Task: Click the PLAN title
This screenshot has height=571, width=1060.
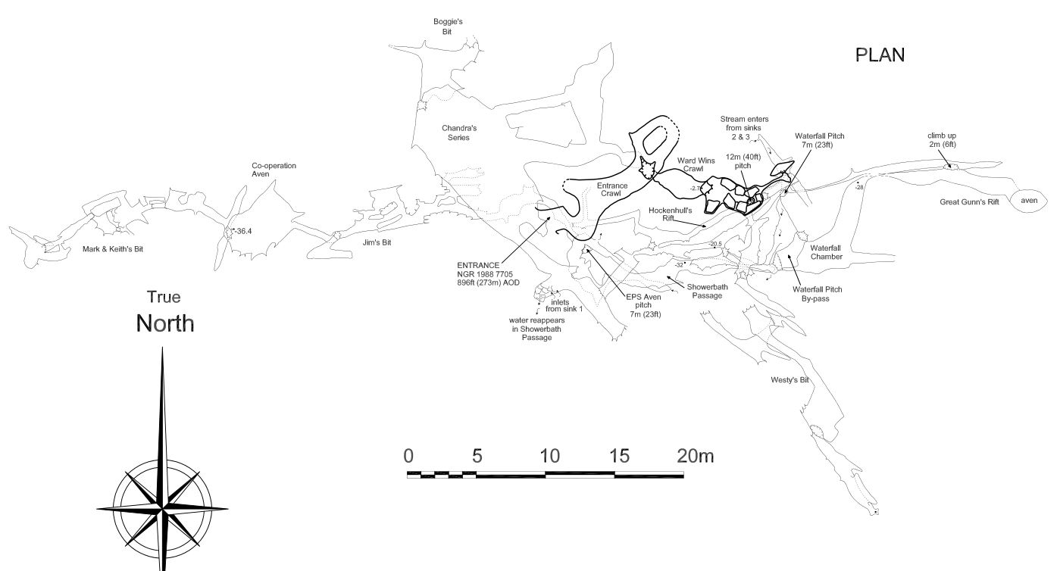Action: click(880, 55)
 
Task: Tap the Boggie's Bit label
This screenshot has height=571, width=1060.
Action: click(448, 27)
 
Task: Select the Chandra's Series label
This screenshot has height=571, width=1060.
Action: click(459, 133)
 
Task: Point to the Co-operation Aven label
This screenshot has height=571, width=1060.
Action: click(274, 170)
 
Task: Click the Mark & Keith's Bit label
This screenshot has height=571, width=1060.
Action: click(112, 248)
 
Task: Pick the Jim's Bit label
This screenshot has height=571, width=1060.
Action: click(377, 242)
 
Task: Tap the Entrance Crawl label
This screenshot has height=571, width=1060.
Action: click(612, 189)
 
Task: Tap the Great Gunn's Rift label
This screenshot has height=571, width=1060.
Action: click(969, 202)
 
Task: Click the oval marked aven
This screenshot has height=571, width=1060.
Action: click(1028, 200)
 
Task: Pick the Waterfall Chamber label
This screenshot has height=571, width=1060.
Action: click(826, 252)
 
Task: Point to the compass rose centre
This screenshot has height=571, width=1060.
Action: click(162, 508)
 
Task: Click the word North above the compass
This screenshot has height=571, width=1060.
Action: click(164, 323)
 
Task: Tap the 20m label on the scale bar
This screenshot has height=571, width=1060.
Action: click(696, 456)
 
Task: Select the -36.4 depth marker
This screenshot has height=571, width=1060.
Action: click(243, 230)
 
